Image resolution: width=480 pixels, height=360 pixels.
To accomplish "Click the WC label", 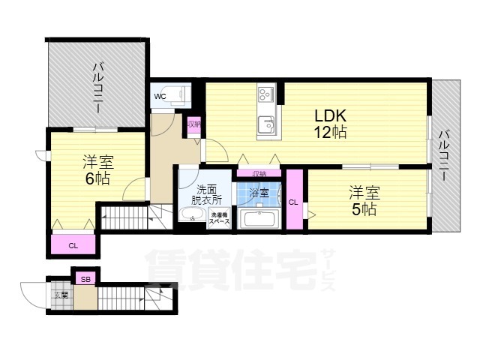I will click(160, 97).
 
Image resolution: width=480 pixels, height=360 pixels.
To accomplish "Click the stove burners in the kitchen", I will click(266, 95).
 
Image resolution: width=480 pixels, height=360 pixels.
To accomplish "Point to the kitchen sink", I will click(266, 124).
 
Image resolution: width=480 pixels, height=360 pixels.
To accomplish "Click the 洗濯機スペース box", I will click(219, 219).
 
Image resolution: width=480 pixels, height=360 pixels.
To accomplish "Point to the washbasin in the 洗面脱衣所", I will click(193, 217).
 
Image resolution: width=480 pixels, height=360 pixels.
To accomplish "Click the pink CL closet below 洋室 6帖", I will click(73, 245).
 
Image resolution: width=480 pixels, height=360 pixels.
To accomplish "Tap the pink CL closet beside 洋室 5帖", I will click(294, 201).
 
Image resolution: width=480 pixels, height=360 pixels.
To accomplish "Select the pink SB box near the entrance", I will click(85, 280).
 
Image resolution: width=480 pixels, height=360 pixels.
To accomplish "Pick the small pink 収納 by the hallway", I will click(193, 124).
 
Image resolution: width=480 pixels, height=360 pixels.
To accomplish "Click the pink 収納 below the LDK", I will click(259, 173).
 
